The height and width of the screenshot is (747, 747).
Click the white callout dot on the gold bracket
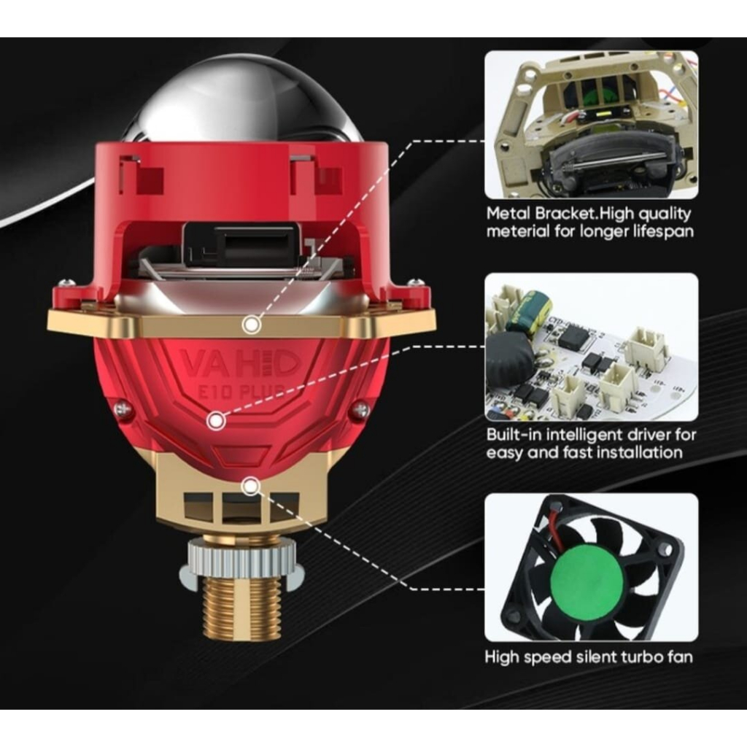pyautogui.click(x=251, y=325)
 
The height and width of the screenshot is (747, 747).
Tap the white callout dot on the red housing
pyautogui.click(x=216, y=421)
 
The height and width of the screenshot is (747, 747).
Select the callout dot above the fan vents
pyautogui.click(x=251, y=487)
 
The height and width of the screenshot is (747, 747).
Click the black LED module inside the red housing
pyautogui.click(x=244, y=244)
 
